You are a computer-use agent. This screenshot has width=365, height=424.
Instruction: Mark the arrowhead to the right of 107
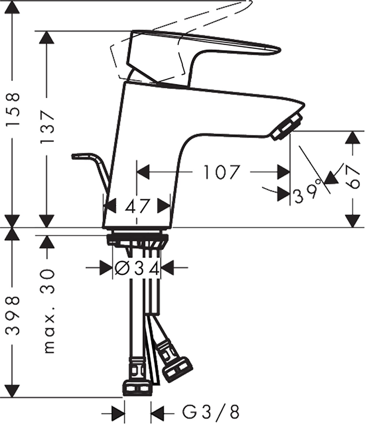pyautogui.click(x=284, y=172)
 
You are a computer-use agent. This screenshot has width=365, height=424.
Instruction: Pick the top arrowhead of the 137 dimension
pyautogui.click(x=47, y=37)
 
